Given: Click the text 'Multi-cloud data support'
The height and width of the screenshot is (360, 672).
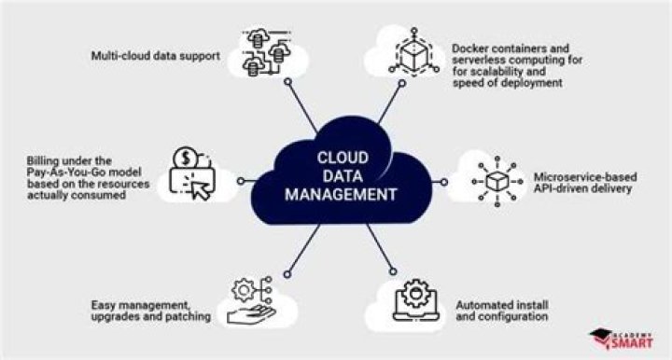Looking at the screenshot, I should click(155, 57).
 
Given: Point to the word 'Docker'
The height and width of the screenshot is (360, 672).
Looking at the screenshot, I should click(471, 46).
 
